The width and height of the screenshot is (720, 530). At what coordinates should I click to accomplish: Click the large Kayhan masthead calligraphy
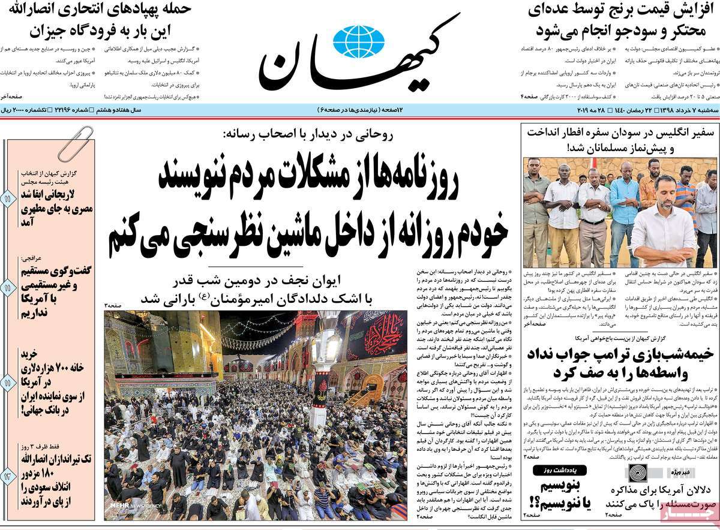click(x=360, y=57)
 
